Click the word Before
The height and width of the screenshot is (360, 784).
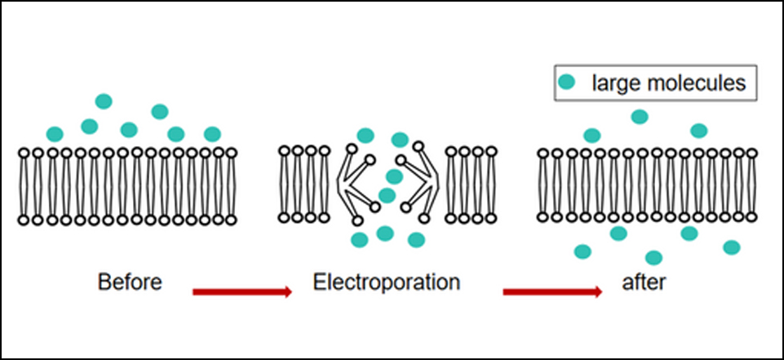click(130, 282)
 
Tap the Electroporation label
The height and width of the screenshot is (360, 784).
click(387, 282)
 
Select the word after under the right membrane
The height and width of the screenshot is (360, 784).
click(644, 282)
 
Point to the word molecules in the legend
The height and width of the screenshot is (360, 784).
click(697, 82)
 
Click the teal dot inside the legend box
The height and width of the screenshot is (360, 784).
click(566, 82)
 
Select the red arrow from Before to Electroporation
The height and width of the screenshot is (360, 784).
click(242, 292)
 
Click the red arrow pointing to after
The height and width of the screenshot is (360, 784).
click(552, 292)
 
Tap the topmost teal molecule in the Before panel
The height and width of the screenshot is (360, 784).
click(104, 101)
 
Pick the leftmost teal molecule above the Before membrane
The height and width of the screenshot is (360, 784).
click(55, 134)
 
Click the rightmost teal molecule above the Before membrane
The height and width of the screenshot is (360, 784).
click(212, 134)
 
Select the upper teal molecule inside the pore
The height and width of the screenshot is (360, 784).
click(395, 176)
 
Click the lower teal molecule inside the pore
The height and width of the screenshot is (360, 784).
click(387, 195)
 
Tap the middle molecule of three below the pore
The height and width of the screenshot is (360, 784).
click(385, 233)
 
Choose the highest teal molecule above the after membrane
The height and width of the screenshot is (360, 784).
click(640, 117)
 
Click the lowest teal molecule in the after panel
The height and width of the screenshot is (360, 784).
click(653, 258)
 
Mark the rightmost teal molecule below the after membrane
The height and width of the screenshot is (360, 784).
click(732, 247)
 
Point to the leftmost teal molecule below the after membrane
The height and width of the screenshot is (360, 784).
click(582, 251)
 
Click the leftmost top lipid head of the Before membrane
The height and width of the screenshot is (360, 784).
click(24, 153)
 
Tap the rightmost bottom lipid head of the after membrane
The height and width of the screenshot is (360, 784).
click(752, 217)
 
